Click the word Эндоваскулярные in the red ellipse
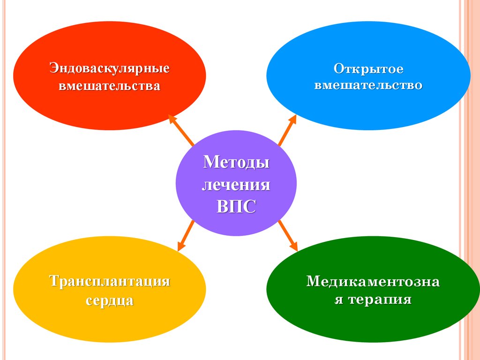coord(110,68)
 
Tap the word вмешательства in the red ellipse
coord(110,86)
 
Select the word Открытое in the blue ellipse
coord(369,69)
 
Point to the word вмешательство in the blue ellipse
coord(369,85)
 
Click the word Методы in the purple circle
coord(236,163)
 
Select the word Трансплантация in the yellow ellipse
coord(110,282)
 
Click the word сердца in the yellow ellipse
coord(110,300)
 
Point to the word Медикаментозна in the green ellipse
coord(373,282)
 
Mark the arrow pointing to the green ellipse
coord(288,235)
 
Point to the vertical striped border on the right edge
coord(470,180)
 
